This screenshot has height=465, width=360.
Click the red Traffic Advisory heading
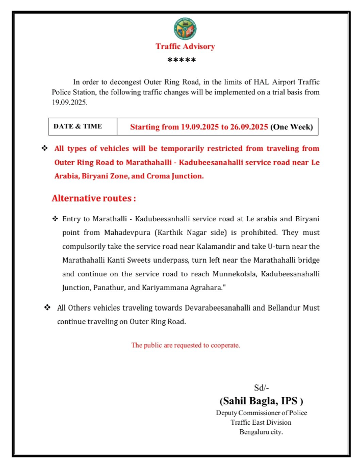[x=185, y=46]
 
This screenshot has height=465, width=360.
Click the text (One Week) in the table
[x=292, y=127]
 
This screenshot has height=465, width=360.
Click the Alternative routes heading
[x=94, y=198]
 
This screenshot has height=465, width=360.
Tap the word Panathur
[x=108, y=287]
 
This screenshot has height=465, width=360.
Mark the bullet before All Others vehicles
[x=47, y=307]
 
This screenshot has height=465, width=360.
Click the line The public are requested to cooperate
[x=186, y=345]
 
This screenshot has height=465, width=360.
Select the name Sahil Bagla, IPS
[x=261, y=401]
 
